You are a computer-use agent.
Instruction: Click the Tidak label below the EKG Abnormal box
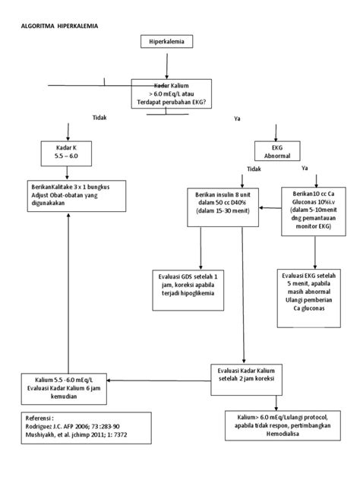pos(253,169)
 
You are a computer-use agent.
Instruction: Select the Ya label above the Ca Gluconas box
pos(305,169)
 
